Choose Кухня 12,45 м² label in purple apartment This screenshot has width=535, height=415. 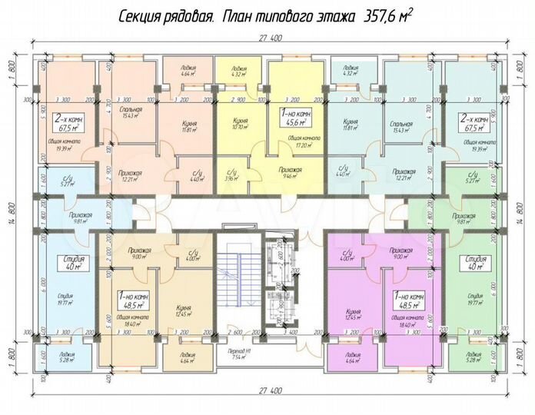352,314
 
